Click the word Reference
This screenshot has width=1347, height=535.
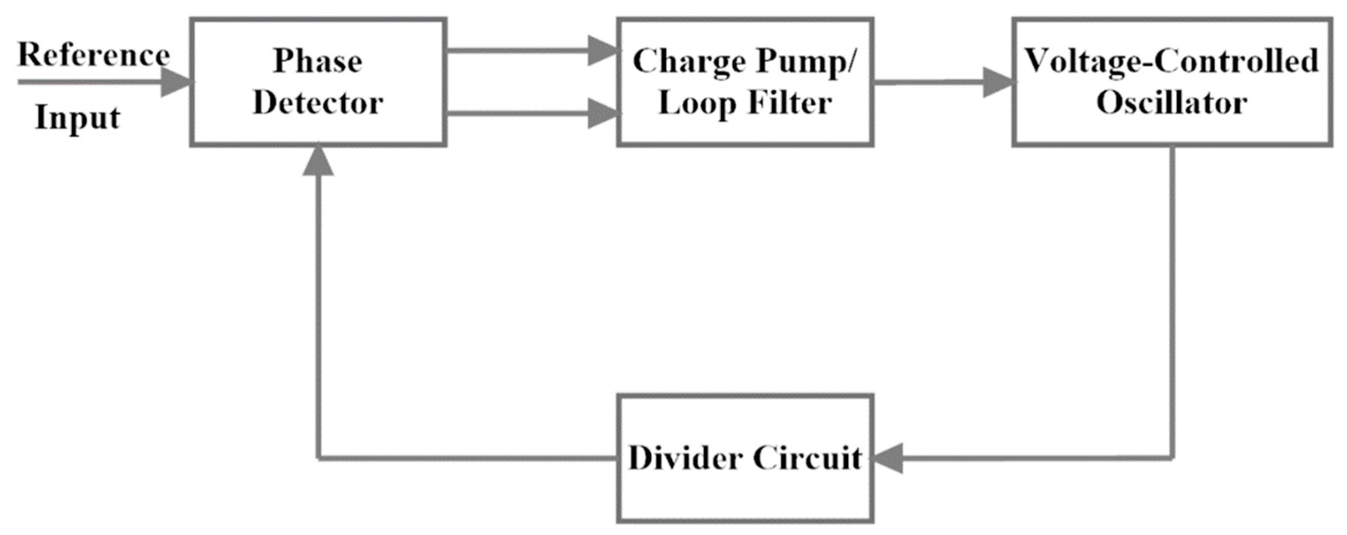point(94,55)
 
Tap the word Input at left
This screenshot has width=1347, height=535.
point(77,118)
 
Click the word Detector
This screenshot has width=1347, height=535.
point(318,103)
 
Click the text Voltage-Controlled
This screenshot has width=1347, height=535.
point(1171,61)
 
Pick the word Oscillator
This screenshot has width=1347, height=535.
point(1171,103)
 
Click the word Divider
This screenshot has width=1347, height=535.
point(685,458)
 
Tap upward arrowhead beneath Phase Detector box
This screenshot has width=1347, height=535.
point(318,161)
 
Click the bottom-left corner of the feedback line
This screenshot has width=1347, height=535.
point(318,459)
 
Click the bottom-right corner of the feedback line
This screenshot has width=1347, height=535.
point(1172,459)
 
